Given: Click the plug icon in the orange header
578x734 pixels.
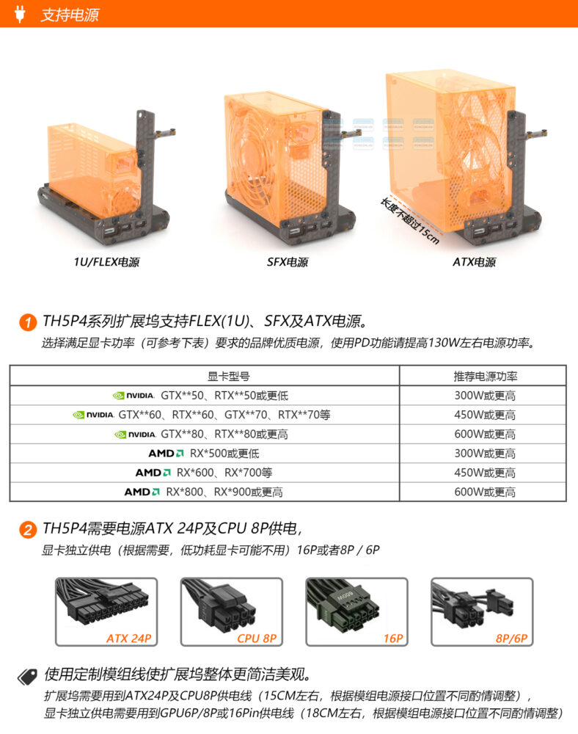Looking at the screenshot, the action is (19, 13).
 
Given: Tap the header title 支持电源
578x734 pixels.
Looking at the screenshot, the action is (70, 15).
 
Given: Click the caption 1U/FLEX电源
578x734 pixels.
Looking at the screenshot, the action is (106, 262).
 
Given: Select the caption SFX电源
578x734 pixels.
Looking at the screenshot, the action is (288, 262).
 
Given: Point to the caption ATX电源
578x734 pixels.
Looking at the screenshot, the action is (474, 262).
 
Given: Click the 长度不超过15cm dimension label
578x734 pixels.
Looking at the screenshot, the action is (409, 221).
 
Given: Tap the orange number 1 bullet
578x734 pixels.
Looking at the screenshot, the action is (28, 322).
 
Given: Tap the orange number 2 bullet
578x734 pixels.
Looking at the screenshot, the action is (28, 529).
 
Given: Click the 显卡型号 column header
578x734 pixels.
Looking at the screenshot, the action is (229, 376).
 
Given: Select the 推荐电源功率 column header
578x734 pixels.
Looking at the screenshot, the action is (486, 376).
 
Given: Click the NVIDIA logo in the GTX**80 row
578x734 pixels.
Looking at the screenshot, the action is (135, 435).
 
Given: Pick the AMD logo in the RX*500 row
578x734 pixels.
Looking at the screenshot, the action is (166, 454).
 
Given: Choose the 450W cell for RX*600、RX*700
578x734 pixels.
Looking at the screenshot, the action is (485, 473).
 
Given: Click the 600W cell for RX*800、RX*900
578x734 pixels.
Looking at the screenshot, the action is (485, 492).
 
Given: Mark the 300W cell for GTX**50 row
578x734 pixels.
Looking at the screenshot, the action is (485, 396).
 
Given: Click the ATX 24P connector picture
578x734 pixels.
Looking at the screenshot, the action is (106, 612).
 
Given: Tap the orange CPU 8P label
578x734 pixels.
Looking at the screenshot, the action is (257, 638).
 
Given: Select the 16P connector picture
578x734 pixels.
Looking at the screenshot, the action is (356, 612).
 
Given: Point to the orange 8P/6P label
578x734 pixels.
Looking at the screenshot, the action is (511, 638).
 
